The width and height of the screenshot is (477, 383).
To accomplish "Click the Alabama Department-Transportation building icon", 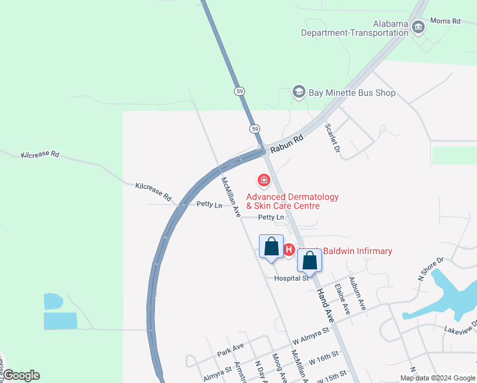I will click(x=418, y=27).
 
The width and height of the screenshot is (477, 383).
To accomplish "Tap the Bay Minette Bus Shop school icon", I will click(x=298, y=93).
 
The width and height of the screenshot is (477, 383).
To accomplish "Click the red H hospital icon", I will click(x=288, y=250).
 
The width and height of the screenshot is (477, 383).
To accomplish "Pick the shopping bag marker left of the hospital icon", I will click(x=271, y=246).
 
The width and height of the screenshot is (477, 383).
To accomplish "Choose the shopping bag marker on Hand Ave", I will click(x=309, y=260).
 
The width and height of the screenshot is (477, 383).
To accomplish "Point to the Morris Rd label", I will click(x=445, y=21).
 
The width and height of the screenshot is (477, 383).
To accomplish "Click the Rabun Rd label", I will click(x=284, y=144).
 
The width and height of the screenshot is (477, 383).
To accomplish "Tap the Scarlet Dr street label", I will click(x=331, y=137).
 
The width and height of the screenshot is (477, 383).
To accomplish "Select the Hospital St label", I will click(x=291, y=278).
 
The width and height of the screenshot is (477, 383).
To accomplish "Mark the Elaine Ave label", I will click(x=342, y=299).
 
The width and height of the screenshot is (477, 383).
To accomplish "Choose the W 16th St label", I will click(x=325, y=360).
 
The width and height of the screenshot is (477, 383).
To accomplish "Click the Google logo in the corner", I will click(x=21, y=375).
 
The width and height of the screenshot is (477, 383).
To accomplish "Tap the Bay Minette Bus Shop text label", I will click(x=352, y=93).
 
